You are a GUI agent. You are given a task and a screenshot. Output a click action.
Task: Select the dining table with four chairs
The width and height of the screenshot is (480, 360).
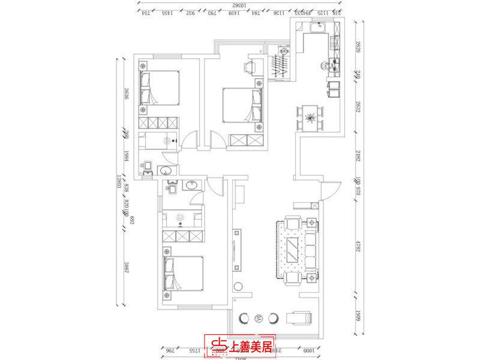coord(310,117)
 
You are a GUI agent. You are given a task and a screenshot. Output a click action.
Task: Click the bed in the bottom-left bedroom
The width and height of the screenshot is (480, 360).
coord(183,275)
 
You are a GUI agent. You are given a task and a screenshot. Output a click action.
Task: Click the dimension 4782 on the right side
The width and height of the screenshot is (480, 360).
coord(358,249)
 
